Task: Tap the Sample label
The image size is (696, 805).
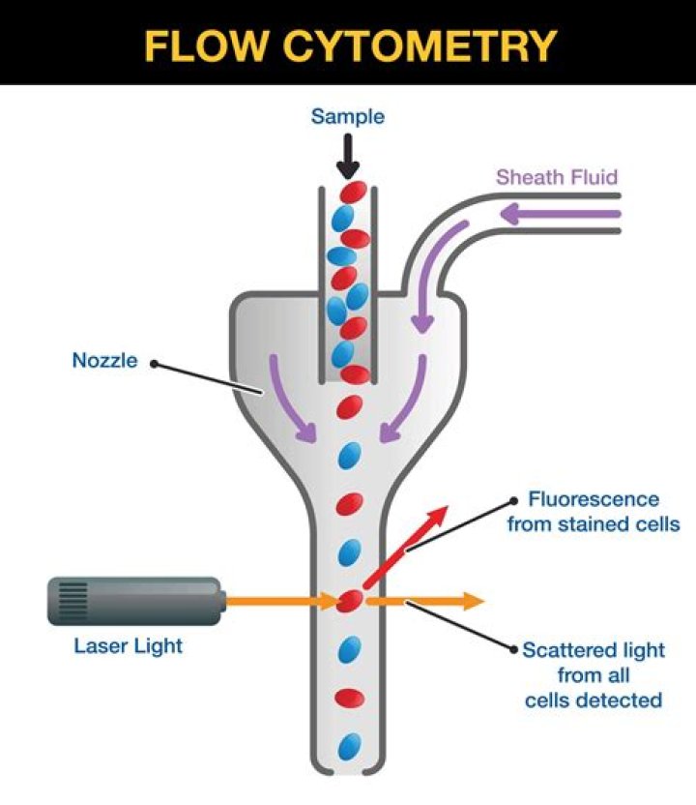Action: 347,117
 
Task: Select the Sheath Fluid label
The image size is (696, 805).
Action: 556,177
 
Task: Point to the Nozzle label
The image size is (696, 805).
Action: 105,362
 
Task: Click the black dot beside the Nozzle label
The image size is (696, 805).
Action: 154,365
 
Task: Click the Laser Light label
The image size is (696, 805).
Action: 128,645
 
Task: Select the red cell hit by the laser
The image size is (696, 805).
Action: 349,601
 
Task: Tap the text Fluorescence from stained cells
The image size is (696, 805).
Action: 594,512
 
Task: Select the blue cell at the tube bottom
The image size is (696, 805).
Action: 349,746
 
